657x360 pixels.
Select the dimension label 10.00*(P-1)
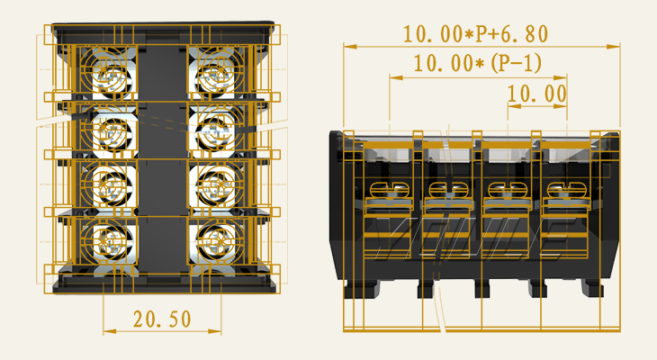click(x=477, y=64)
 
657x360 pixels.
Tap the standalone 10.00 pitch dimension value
click(x=536, y=94)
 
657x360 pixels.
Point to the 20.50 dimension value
click(x=162, y=318)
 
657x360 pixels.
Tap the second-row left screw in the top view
click(x=112, y=130)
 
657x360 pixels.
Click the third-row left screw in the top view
click(x=112, y=186)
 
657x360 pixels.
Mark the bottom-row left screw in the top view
click(x=112, y=241)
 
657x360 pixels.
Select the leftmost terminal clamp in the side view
click(x=390, y=211)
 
